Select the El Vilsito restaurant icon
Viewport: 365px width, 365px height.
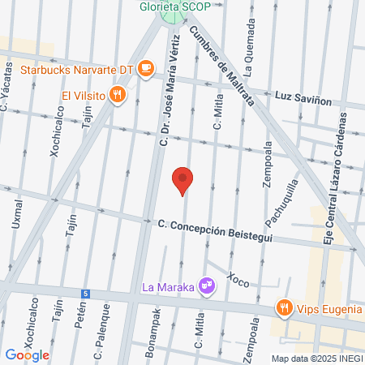[x=118, y=96]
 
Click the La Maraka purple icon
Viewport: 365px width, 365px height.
[x=207, y=286]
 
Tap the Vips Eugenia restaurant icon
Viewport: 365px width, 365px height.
[x=283, y=307]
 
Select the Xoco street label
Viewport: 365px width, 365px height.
[x=238, y=280]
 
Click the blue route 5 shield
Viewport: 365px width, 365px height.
[x=85, y=293]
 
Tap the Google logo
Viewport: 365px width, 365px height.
[x=28, y=354]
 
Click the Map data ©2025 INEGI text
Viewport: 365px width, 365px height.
[x=316, y=359]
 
